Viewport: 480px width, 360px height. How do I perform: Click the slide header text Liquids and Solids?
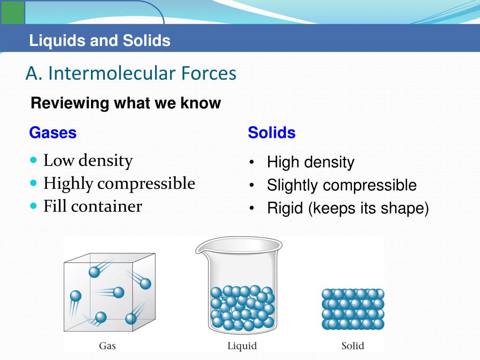(99, 41)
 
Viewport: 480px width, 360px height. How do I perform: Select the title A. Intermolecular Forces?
(131, 74)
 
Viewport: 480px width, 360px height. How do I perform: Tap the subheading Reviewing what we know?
(125, 103)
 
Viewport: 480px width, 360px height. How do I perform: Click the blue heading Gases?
(52, 133)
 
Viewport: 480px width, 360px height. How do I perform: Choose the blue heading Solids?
(271, 133)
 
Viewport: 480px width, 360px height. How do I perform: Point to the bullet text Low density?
(88, 161)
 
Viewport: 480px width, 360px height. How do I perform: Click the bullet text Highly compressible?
(119, 183)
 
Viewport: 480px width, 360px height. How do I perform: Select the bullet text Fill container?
(92, 206)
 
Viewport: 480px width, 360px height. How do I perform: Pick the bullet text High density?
(310, 163)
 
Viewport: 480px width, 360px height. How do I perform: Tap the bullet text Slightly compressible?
(341, 186)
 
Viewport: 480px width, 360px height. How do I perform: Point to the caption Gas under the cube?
(107, 346)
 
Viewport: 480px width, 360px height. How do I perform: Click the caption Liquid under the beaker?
(242, 346)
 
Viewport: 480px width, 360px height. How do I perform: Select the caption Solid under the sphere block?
(352, 346)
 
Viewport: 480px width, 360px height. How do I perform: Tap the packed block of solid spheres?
(352, 309)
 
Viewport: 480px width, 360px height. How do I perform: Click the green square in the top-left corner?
(12, 12)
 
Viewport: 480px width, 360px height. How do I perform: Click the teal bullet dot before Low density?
(33, 160)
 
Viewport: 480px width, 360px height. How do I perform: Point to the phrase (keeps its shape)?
(368, 209)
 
